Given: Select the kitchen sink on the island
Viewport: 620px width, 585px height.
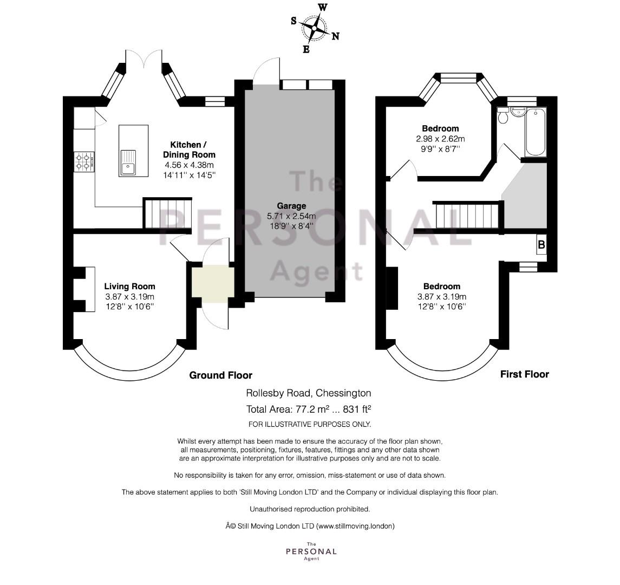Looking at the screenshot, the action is coord(128,162).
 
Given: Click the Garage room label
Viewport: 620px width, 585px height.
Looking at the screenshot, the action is coord(291,206).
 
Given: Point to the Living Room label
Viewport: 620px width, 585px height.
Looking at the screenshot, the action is coord(130,287).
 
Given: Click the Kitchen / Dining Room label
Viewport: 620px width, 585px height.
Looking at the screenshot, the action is coord(189,149).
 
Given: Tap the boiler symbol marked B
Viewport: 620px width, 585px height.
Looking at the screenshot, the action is coord(541,245).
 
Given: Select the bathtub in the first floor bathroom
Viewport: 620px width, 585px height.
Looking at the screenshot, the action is coord(536,131).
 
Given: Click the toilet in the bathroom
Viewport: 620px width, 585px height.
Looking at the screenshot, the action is coord(503,115).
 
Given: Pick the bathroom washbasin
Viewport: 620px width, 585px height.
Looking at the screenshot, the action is coord(517,112).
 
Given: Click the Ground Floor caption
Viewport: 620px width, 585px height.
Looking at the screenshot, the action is coord(220,375).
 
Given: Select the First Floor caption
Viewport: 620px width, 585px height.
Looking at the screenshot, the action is coord(524,374).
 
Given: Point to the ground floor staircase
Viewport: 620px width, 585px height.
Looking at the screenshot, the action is coord(167,213).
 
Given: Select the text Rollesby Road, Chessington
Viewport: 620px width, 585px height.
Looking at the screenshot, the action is coord(309,393).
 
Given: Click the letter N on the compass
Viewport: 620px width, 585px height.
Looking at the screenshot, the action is coord(335,37).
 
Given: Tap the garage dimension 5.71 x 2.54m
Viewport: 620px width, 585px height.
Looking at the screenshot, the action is coord(291,216).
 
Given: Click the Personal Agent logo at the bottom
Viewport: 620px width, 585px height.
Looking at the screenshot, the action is coord(311,551).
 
